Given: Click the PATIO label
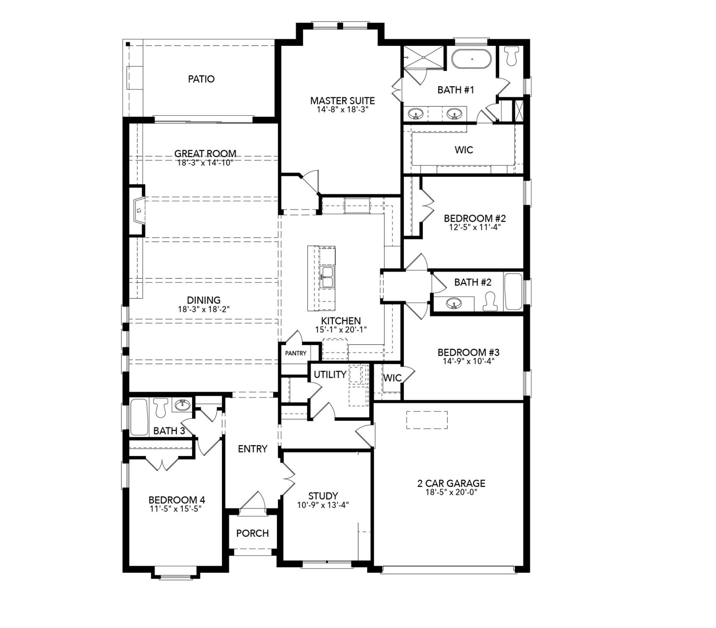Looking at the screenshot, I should click(201, 79).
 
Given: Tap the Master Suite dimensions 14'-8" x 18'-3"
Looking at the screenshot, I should click(343, 110).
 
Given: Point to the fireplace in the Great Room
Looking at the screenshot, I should click(139, 211).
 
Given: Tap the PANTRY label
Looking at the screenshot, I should click(296, 353).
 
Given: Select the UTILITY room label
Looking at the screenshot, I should click(330, 375).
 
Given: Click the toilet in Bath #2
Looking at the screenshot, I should click(490, 302).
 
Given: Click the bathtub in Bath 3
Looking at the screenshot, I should click(139, 417).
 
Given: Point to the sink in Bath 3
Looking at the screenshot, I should click(182, 405).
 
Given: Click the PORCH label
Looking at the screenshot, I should click(252, 533).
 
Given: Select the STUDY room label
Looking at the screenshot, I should click(323, 496).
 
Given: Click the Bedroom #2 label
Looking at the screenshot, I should click(475, 218).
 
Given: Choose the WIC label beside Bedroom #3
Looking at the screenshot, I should click(392, 378).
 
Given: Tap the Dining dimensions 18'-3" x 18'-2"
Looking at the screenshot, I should click(204, 310).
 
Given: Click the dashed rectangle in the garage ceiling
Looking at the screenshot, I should click(426, 420).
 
